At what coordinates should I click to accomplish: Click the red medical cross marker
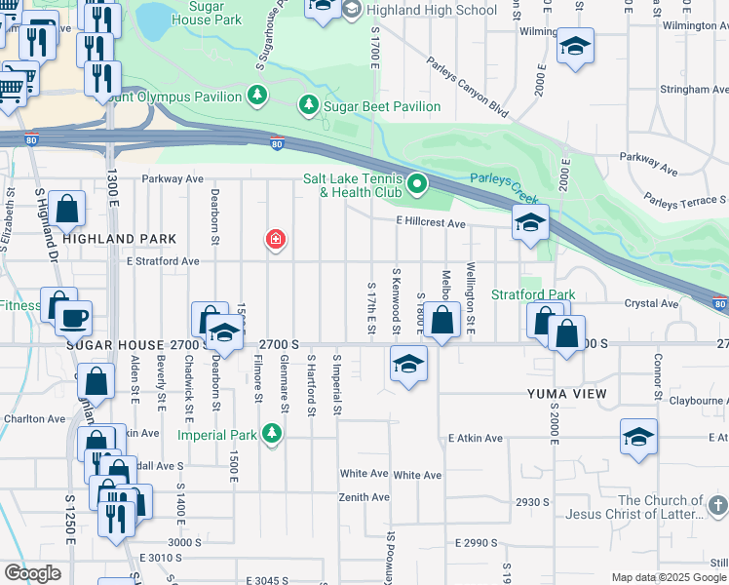(x=276, y=239)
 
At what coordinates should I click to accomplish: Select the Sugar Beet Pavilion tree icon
(x=309, y=103)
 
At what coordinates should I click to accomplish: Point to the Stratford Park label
(x=533, y=294)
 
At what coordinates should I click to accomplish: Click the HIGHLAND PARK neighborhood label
(x=120, y=239)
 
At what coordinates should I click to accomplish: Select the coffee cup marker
(x=72, y=317)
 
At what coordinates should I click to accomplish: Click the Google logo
(x=32, y=573)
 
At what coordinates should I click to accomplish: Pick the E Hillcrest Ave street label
(x=431, y=223)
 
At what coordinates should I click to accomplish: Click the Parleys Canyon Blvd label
(x=468, y=87)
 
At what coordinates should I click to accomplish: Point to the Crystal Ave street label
(x=652, y=303)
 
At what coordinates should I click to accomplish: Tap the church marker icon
(x=718, y=505)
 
